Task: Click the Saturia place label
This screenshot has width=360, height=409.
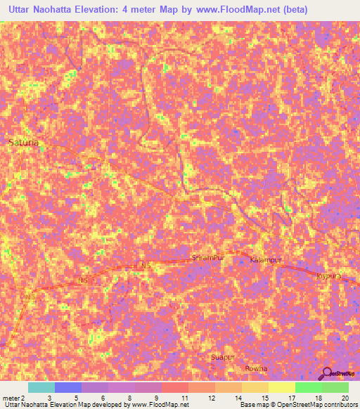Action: [23, 142]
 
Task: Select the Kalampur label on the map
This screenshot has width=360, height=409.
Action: [266, 260]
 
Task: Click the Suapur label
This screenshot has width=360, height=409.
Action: [223, 358]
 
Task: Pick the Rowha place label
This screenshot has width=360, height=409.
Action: [256, 368]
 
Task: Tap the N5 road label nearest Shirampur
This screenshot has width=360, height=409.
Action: [145, 266]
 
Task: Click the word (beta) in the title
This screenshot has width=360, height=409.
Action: [292, 10]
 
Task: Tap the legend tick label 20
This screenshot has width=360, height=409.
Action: [345, 398]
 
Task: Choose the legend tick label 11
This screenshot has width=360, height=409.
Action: [184, 398]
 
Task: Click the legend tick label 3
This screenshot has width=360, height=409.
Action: [48, 398]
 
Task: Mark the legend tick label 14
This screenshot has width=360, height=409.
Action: [238, 398]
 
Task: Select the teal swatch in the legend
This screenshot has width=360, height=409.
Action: [41, 387]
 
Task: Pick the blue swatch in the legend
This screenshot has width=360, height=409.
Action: [67, 387]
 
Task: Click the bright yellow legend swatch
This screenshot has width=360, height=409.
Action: [281, 387]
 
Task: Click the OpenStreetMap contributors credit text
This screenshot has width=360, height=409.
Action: [316, 405]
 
